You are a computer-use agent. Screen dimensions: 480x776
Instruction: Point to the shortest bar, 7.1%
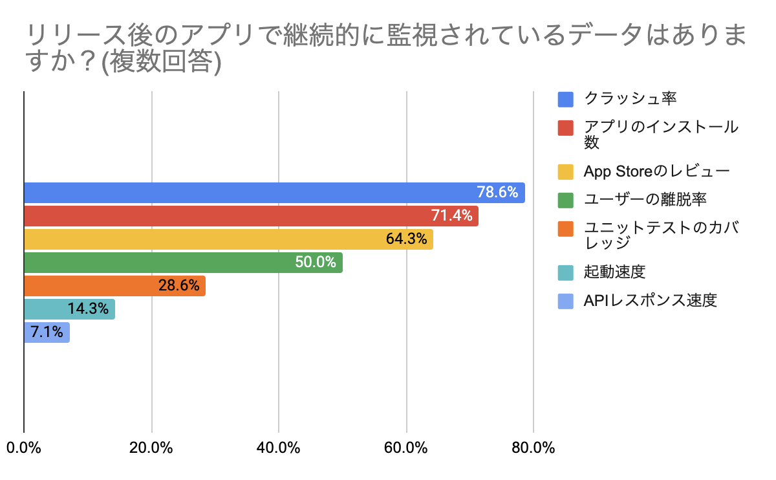(x=47, y=333)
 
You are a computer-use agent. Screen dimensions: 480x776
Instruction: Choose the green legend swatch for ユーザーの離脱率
(x=566, y=200)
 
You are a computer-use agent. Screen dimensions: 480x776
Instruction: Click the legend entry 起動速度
(x=614, y=272)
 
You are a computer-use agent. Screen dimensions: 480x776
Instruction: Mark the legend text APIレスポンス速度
(x=650, y=301)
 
